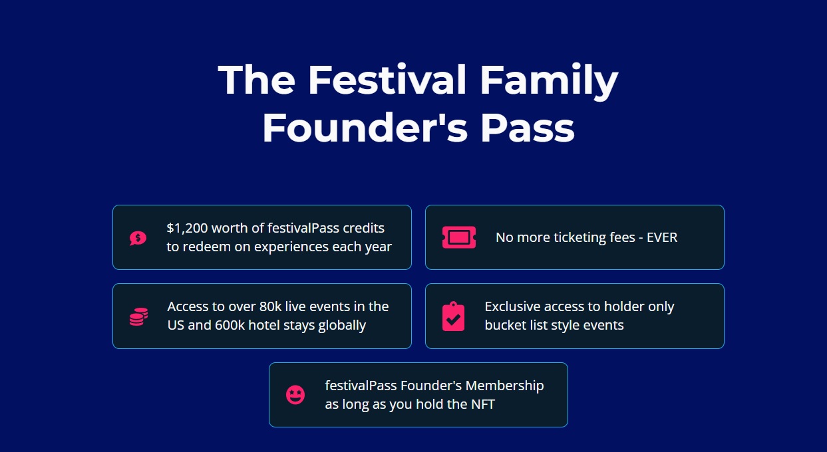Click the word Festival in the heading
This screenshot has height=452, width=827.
click(387, 80)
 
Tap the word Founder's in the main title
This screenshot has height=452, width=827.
click(365, 128)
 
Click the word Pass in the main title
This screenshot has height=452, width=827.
click(528, 128)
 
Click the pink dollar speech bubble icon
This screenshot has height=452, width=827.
click(138, 238)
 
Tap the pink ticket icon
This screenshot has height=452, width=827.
click(459, 237)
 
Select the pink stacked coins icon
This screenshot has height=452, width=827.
click(139, 316)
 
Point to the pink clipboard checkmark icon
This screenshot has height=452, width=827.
click(453, 316)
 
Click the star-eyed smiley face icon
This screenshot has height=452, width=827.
click(295, 395)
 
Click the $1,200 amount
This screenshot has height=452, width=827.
click(187, 229)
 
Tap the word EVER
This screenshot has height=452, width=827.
click(662, 237)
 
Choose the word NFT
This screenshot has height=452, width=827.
click(483, 404)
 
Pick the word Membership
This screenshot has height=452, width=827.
click(505, 386)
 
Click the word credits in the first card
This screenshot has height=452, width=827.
click(364, 228)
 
